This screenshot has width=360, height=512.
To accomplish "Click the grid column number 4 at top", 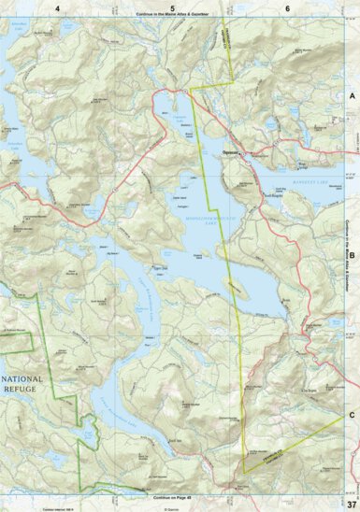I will point(58,7).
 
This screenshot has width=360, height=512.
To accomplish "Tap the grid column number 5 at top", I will point(172,7).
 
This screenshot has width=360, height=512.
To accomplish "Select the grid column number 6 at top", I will point(286,7).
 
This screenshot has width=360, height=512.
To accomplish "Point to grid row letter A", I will point(353,96).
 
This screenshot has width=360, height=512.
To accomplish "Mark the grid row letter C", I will point(353,414).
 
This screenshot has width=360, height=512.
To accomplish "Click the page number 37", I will point(351,503).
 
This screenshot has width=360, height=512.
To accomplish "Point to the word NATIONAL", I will point(24,379).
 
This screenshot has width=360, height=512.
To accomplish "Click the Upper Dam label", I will point(160,265).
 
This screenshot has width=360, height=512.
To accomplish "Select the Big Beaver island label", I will point(112,252).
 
